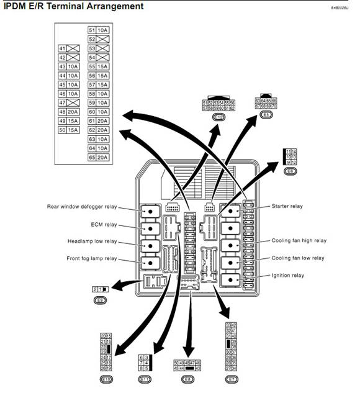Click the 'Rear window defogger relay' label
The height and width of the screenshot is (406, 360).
tap(81, 207)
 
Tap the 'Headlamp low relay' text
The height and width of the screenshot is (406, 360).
tap(92, 241)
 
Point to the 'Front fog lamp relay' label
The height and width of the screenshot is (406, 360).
tap(91, 258)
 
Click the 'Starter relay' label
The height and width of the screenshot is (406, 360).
tap(287, 206)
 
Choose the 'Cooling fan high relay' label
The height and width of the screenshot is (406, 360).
tap(299, 240)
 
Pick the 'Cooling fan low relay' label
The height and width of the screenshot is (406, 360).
tap(298, 258)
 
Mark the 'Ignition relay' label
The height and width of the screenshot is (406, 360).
tap(287, 275)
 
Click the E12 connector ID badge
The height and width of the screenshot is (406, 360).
tap(219, 117)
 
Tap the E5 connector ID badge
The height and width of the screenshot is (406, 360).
tap(266, 115)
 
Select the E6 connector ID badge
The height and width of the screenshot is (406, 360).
tap(290, 171)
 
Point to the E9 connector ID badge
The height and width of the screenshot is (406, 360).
tap(100, 300)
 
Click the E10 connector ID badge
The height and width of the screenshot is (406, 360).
tap(106, 379)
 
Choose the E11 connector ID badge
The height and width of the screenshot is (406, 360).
tap(145, 379)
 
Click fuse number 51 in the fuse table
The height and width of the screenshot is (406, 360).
tap(92, 30)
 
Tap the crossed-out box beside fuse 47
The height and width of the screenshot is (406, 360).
tap(73, 102)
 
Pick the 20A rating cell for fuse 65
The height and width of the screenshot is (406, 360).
tap(102, 158)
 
